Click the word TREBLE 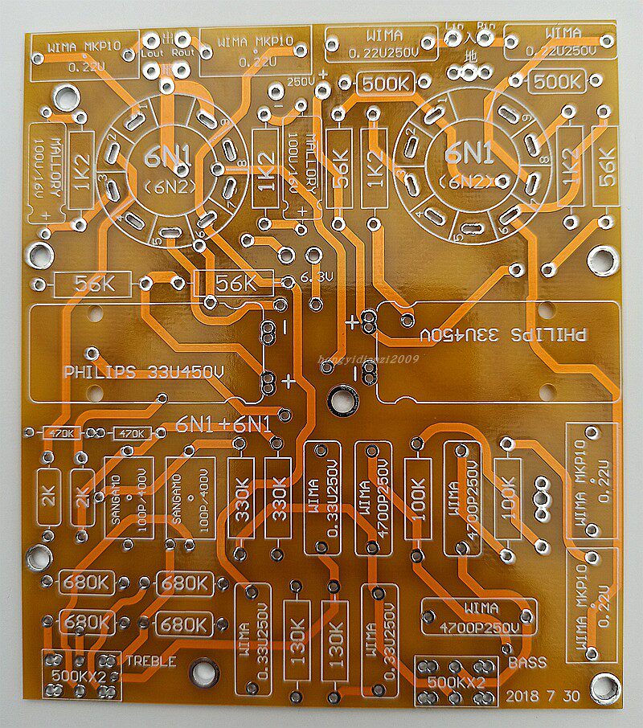pos(151,662)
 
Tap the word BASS pos(526,663)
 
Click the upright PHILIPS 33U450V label pos(144,373)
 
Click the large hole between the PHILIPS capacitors pos(342,398)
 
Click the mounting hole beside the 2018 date pos(600,689)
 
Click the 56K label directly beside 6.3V pos(235,284)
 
